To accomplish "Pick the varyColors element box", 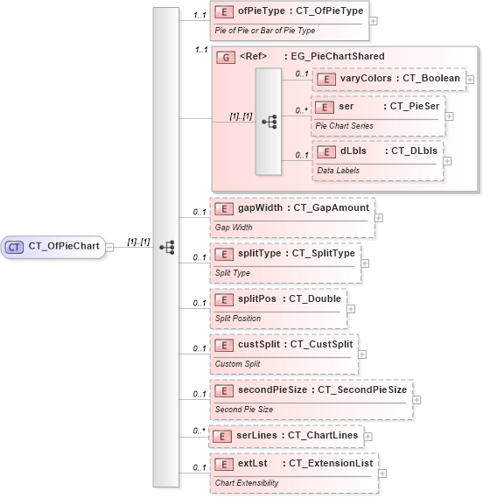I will click(x=388, y=79).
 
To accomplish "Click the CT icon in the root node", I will click(x=14, y=247).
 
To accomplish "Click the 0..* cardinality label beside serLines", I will click(x=199, y=431).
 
